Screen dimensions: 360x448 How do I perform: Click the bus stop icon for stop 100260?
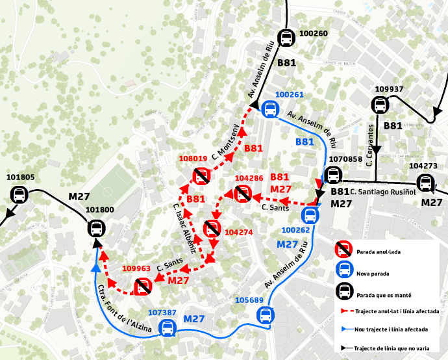click(286, 38)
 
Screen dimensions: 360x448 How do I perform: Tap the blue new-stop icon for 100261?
click(269, 109)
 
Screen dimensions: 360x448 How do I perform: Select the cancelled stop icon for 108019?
click(201, 175)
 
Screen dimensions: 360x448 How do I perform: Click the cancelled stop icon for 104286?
click(243, 192)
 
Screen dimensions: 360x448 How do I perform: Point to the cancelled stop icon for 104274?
click(212, 229)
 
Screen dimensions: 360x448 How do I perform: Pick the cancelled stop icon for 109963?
click(142, 285)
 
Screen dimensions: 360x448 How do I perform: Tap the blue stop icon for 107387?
click(168, 328)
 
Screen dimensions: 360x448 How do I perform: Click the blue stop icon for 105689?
click(265, 315)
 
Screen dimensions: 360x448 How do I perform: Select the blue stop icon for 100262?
click(311, 215)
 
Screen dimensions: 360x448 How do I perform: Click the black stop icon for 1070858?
click(333, 175)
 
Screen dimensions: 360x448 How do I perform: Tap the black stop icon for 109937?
click(379, 105)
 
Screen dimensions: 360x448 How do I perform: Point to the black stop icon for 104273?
click(425, 183)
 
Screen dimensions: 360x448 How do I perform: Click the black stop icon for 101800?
click(97, 228)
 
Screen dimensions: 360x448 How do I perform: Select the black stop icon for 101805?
click(19, 194)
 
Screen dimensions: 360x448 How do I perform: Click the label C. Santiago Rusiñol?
click(382, 191)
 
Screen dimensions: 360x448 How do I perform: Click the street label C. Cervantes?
click(370, 143)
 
